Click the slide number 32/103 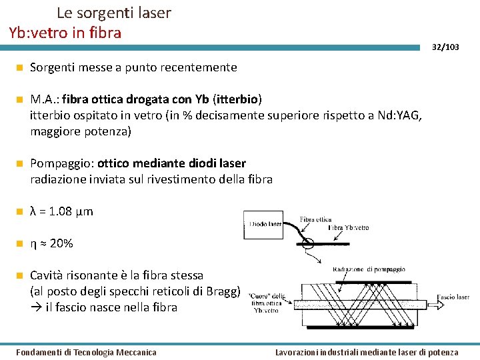pos(445,47)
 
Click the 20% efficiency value pos(61,243)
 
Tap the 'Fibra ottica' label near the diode pos(315,219)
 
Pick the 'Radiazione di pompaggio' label pos(369,269)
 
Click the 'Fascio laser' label pos(453,297)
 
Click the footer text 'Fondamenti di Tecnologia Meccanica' pos(86,352)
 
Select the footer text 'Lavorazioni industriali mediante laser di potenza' pos(367,352)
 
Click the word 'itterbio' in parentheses pos(239,99)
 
